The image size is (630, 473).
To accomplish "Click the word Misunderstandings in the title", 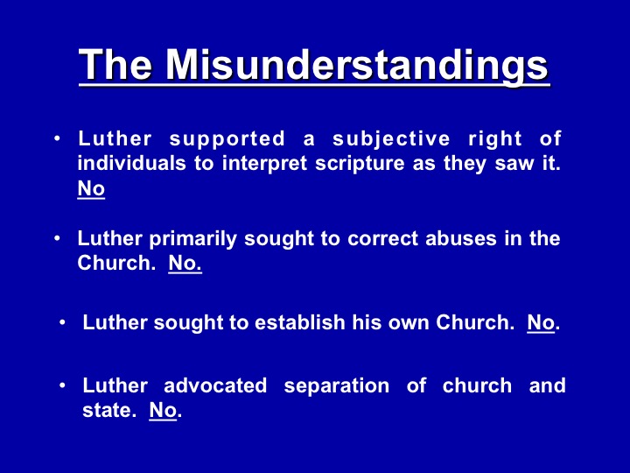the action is (x=357, y=65).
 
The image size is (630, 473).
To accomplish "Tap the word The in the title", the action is (x=115, y=64).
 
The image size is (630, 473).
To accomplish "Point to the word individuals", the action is (x=132, y=163).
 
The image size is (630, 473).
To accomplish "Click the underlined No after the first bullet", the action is (x=91, y=188).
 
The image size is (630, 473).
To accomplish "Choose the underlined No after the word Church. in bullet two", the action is (x=185, y=263).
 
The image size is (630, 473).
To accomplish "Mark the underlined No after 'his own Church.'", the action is (x=541, y=322).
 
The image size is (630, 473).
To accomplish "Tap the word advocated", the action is (x=215, y=385).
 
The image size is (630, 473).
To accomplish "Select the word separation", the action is (x=337, y=386).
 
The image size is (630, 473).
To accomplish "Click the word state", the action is (x=107, y=411).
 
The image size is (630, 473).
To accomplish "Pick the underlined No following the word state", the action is (x=163, y=410).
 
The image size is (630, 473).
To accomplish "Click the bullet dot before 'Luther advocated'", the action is (x=62, y=385).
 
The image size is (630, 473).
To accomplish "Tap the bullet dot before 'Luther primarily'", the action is (x=57, y=238).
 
